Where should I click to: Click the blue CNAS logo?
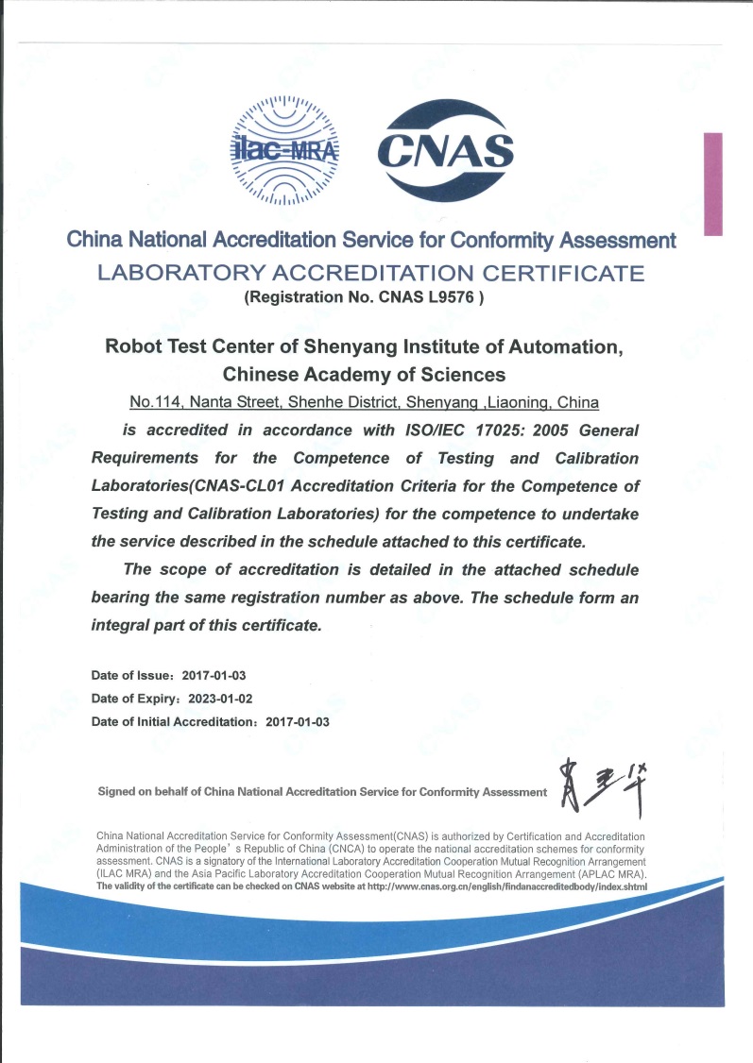click(445, 151)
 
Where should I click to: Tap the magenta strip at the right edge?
click(713, 184)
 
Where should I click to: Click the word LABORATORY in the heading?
click(179, 275)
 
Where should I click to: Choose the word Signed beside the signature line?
click(118, 792)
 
